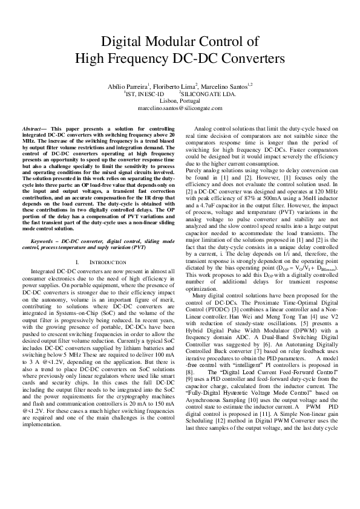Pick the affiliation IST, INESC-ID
pyautogui.click(x=145, y=94)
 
